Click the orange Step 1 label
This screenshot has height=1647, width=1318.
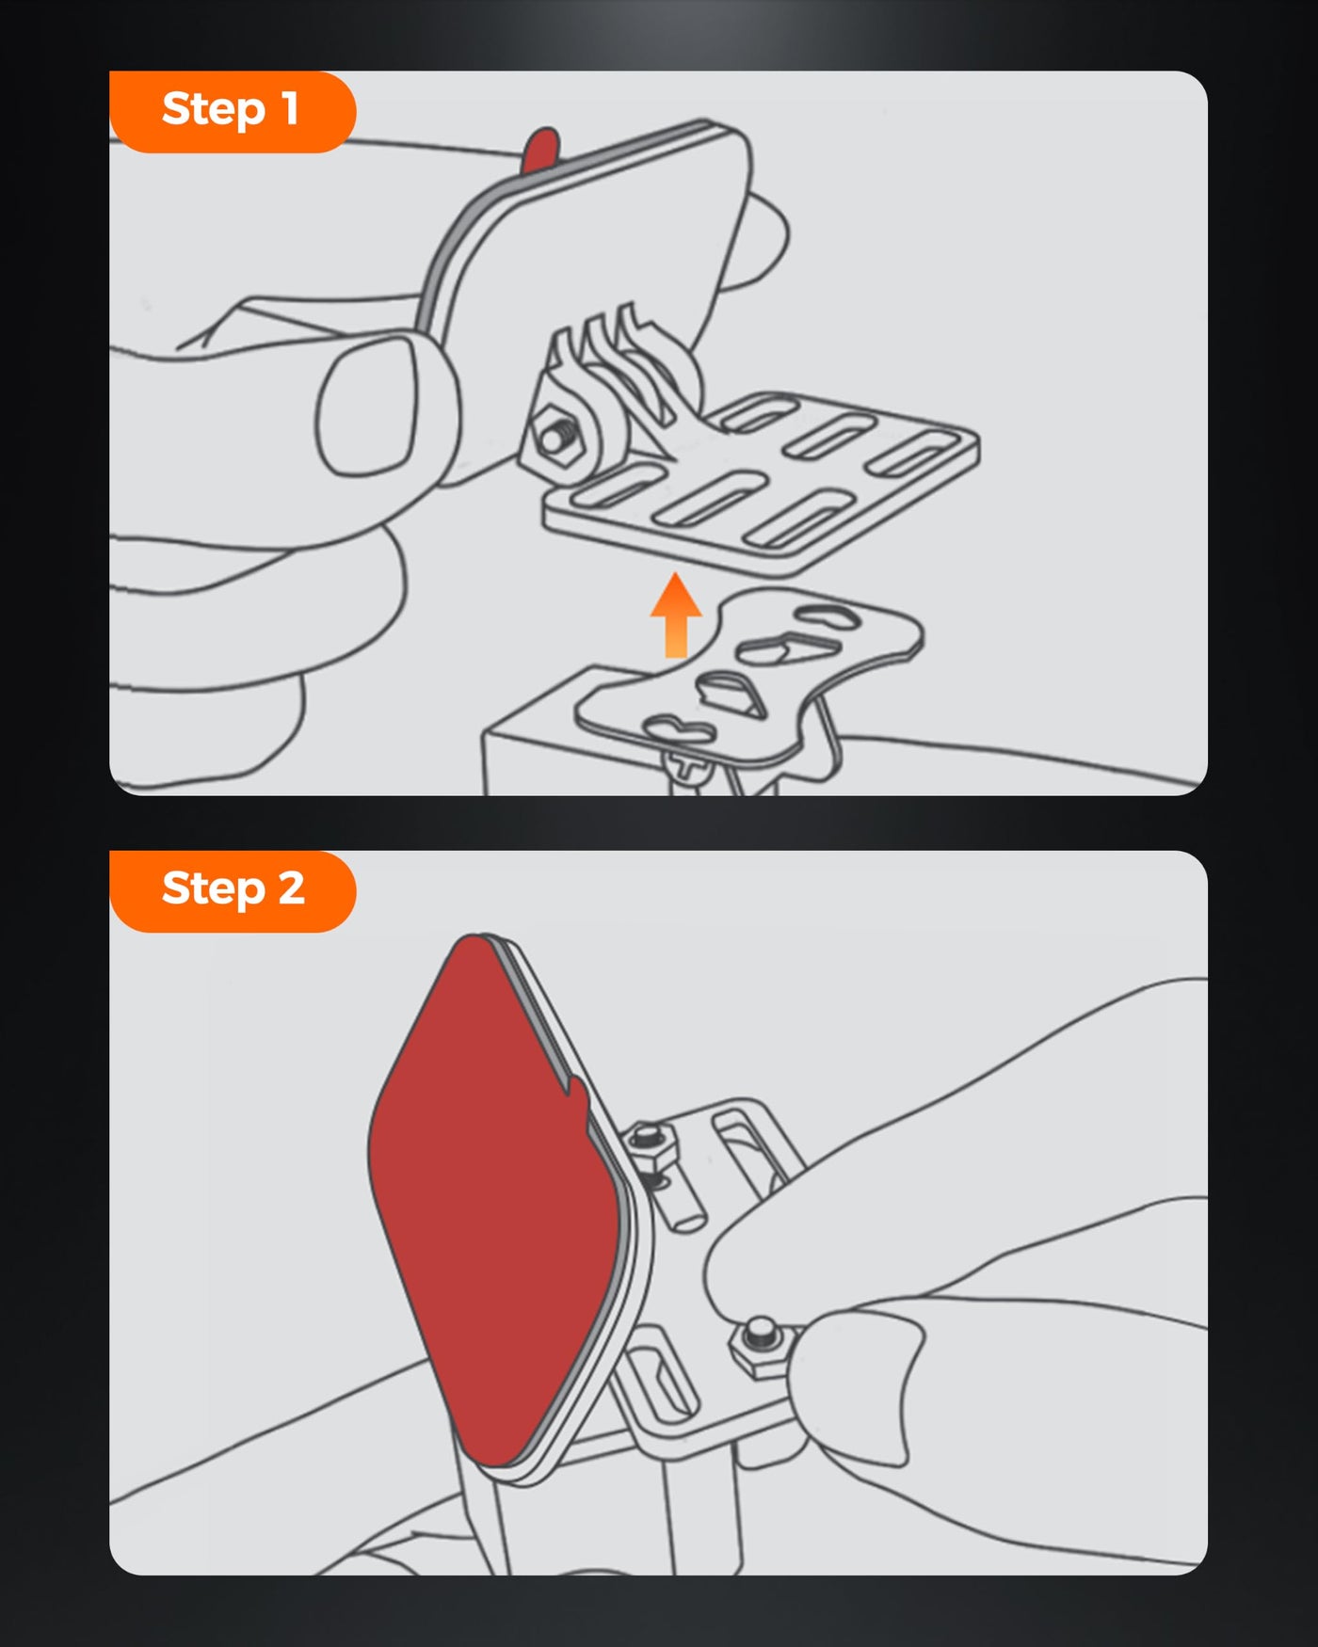coord(233,111)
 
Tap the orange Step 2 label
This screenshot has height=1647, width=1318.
coord(233,890)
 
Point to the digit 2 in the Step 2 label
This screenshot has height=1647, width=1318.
coord(291,887)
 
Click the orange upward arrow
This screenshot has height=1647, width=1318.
coord(676,615)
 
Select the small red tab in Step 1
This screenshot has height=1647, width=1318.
coord(539,151)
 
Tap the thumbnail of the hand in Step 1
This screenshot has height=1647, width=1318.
coord(367,405)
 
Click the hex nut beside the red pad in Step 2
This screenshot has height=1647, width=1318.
coord(651,1143)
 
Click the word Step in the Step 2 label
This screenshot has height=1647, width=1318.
coord(214,889)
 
